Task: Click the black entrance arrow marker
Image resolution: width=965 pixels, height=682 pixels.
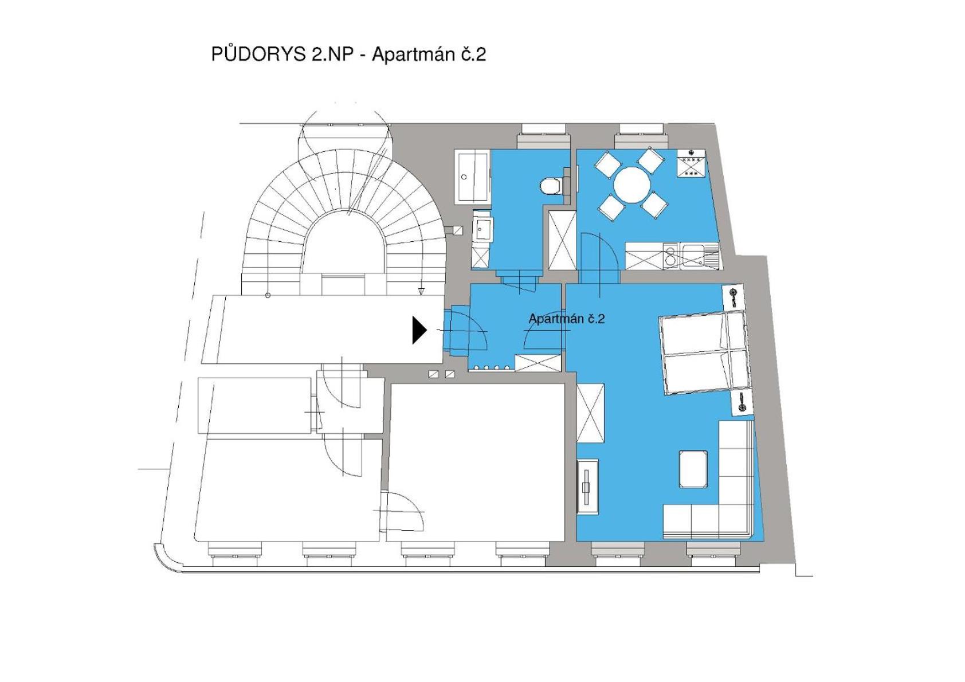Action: click(x=419, y=331)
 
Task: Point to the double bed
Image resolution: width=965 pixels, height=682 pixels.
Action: click(x=704, y=352)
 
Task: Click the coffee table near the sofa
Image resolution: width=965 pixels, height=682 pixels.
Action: click(x=693, y=469)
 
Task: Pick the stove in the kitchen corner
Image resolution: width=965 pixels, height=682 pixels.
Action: click(x=691, y=163)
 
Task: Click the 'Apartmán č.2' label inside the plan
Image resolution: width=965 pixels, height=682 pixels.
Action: click(x=567, y=319)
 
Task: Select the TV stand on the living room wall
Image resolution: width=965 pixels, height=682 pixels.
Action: click(x=587, y=487)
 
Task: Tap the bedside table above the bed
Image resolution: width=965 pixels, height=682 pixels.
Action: click(x=733, y=296)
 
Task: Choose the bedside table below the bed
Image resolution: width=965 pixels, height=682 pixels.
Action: click(x=742, y=403)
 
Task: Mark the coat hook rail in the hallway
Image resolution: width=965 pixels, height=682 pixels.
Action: click(x=492, y=367)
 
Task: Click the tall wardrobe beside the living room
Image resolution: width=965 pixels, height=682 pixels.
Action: click(x=590, y=413)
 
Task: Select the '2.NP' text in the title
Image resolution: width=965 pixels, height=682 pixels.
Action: click(x=331, y=54)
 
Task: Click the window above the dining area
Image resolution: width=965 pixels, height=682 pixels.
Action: click(x=642, y=136)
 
